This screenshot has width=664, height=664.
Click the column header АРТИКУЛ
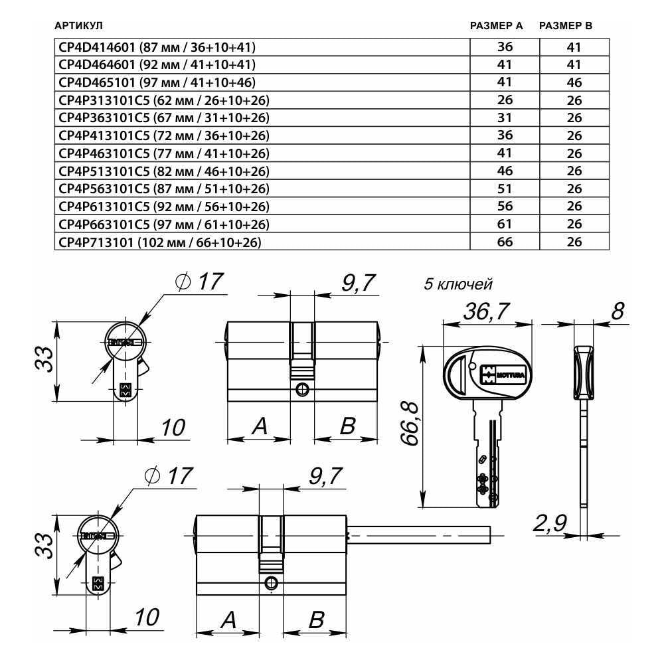(78, 26)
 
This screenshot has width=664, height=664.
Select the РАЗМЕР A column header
(496, 26)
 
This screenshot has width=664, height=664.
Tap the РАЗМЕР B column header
(565, 26)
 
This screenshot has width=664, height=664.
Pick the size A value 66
(505, 242)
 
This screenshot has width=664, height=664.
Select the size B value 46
(574, 82)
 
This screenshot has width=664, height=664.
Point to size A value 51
(505, 189)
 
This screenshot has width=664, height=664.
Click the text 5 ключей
(458, 284)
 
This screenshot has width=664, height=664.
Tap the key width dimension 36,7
(486, 311)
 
